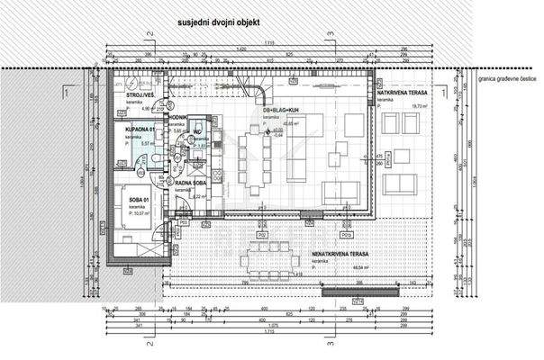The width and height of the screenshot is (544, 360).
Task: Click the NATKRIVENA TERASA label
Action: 402,93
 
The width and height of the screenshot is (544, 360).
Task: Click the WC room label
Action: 197,132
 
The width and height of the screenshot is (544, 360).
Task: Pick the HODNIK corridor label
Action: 177,118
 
